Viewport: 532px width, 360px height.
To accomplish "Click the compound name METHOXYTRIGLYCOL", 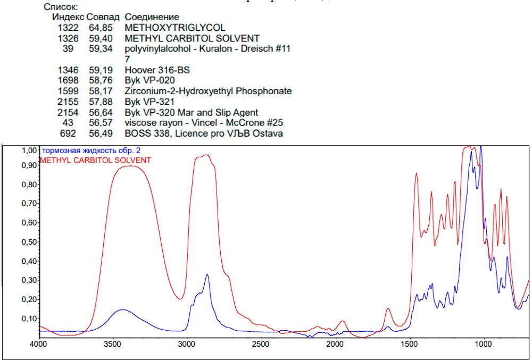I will click(x=174, y=28).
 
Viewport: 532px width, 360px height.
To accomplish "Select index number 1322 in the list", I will click(x=68, y=28).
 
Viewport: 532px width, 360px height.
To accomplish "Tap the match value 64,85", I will click(x=99, y=28).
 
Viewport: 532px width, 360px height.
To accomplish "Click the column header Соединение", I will click(x=152, y=18).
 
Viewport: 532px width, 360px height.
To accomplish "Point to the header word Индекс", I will click(x=68, y=18).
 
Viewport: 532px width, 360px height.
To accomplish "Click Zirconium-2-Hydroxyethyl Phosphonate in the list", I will click(x=208, y=91).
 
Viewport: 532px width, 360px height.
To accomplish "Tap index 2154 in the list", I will click(x=68, y=112).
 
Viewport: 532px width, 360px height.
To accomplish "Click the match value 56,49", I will click(x=99, y=133).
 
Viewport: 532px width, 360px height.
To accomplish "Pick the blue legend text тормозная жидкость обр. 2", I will click(x=92, y=151).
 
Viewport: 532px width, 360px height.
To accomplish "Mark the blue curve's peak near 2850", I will click(x=207, y=275).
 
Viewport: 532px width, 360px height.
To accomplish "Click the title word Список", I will click(x=61, y=7).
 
